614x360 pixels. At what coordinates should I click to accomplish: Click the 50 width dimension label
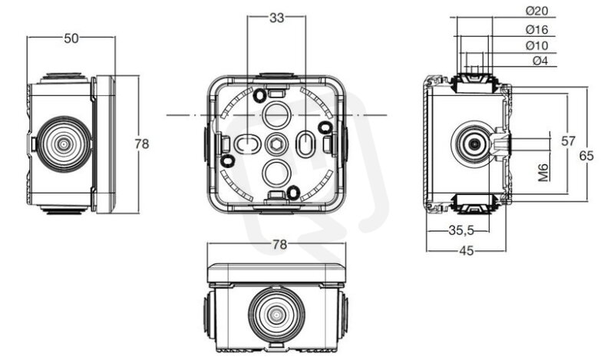(71, 38)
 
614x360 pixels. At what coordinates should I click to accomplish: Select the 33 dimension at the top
(276, 18)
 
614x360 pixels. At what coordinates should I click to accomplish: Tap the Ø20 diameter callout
(536, 11)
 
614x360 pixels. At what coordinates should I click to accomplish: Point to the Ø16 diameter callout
(536, 29)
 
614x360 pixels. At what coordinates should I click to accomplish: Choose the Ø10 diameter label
(536, 45)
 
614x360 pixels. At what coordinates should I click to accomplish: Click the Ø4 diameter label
(540, 61)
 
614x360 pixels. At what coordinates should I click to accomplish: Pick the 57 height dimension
(568, 140)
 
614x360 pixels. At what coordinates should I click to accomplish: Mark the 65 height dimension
(586, 156)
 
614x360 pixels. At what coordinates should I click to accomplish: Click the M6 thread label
(543, 173)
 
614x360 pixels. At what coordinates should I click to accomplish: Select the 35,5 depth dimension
(461, 230)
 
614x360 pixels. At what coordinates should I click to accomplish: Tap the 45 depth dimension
(466, 250)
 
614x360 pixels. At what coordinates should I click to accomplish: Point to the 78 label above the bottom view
(279, 244)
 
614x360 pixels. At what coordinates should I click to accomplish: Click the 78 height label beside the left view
(142, 144)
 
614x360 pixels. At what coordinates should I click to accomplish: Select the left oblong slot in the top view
(247, 145)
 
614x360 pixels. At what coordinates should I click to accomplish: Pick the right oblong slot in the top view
(305, 144)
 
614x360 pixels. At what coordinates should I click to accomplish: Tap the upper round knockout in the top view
(276, 114)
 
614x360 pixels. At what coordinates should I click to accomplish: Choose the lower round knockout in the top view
(276, 173)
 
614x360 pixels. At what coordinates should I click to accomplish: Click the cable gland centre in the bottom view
(276, 314)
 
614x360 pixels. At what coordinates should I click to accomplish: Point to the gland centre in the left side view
(64, 144)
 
